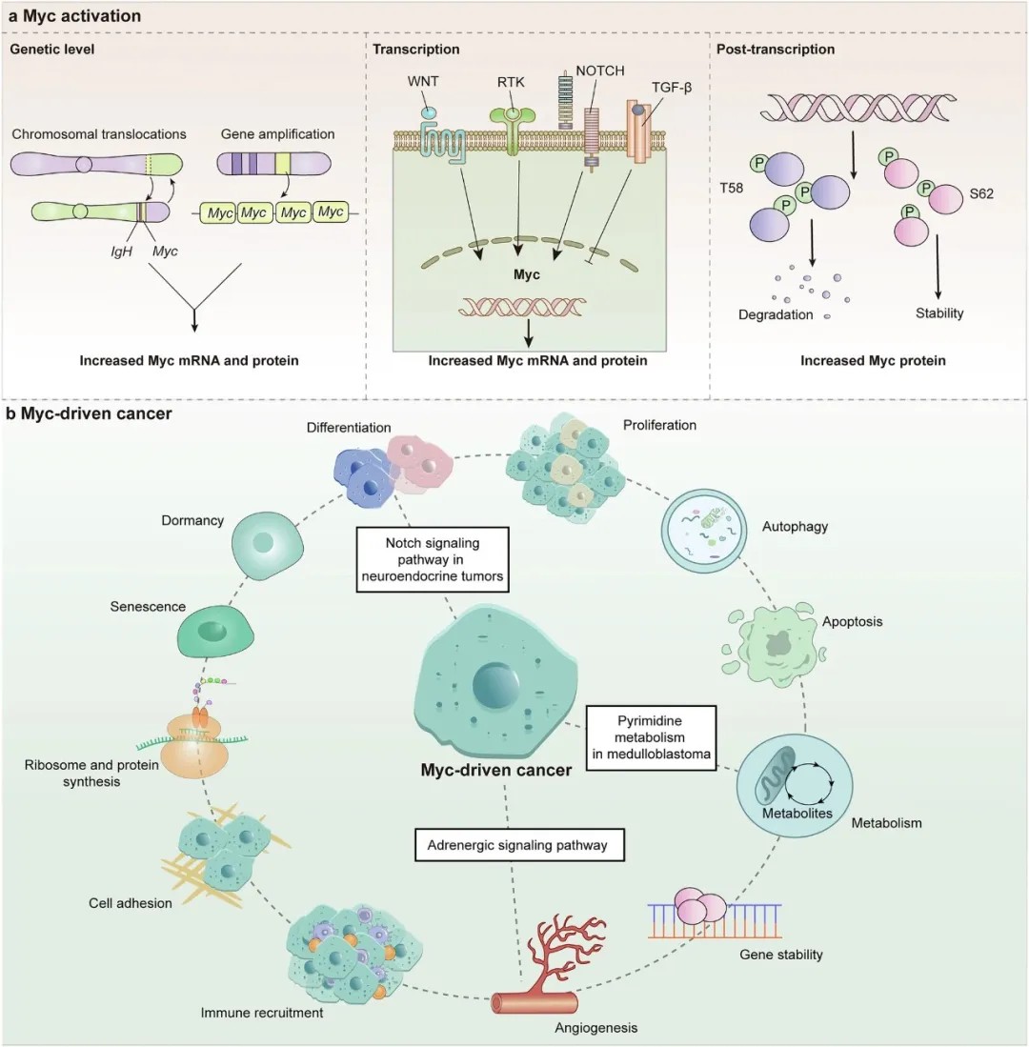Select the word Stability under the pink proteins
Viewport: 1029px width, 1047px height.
[x=938, y=312]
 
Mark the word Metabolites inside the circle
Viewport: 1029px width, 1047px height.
[x=797, y=814]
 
